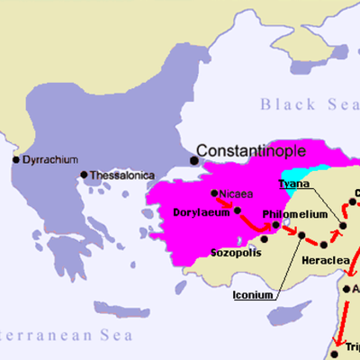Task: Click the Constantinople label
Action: click(251, 150)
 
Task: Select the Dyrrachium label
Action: click(49, 159)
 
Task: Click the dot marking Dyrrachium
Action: click(15, 160)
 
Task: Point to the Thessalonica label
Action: click(121, 175)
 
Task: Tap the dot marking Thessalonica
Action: click(84, 175)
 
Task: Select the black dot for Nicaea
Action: click(214, 193)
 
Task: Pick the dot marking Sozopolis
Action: click(265, 238)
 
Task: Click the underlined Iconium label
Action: click(254, 293)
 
